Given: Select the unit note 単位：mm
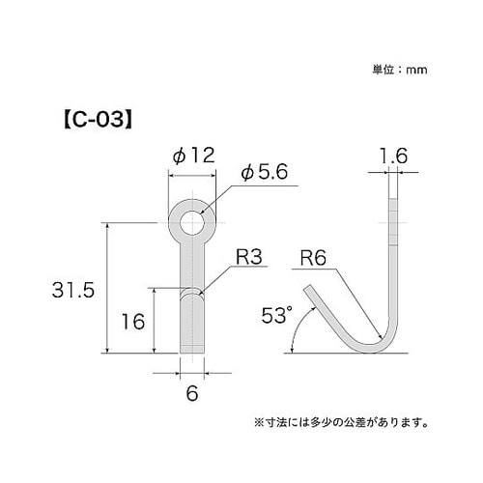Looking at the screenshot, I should [399, 70].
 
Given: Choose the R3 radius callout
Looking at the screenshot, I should [249, 259].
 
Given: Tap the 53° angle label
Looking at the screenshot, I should [275, 315].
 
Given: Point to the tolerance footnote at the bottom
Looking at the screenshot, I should [341, 421].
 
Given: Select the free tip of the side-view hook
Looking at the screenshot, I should [308, 288].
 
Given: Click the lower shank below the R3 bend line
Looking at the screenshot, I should [191, 324].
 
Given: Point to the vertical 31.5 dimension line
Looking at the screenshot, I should [105, 290].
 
